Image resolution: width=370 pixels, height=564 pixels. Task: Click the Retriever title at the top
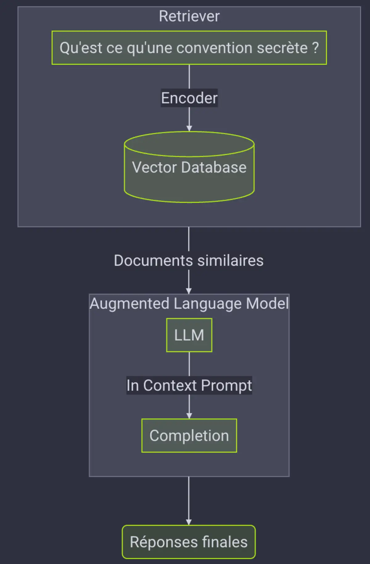pos(189,16)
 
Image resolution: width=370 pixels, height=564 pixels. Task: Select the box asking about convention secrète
pos(189,48)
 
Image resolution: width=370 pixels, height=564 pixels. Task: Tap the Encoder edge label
pos(189,98)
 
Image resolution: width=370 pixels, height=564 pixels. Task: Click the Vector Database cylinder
pos(189,167)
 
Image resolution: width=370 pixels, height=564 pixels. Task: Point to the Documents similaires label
pos(189,260)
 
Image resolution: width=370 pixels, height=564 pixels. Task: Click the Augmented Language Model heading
pos(189,304)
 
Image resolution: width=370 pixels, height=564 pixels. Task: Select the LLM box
pos(189,335)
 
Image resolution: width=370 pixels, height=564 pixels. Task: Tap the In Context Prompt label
pos(189,385)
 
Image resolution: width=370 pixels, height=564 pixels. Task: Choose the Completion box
pos(189,435)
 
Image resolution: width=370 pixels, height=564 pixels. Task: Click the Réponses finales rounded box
pos(189,542)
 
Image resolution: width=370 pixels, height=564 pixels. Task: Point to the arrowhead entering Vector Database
pos(189,129)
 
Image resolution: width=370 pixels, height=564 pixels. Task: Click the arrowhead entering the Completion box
pos(189,416)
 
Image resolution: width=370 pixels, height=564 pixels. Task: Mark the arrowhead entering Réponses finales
pos(189,522)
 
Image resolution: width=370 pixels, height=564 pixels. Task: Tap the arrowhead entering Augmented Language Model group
pos(189,291)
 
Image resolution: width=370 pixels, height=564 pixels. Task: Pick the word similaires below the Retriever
pos(230,260)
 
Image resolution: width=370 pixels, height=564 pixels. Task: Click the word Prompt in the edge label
pos(227,386)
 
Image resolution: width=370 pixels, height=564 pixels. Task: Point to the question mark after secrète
pos(315,48)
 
